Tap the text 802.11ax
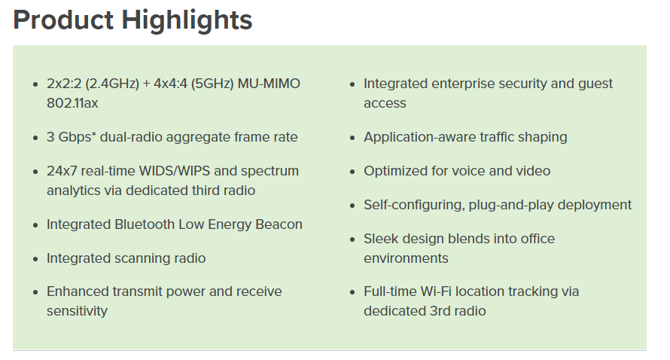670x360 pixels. coord(72,103)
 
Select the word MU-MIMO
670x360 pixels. coord(269,84)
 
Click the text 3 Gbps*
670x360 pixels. coord(75,137)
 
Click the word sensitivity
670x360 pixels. coord(77,311)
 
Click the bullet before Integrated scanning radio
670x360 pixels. coord(36,259)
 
